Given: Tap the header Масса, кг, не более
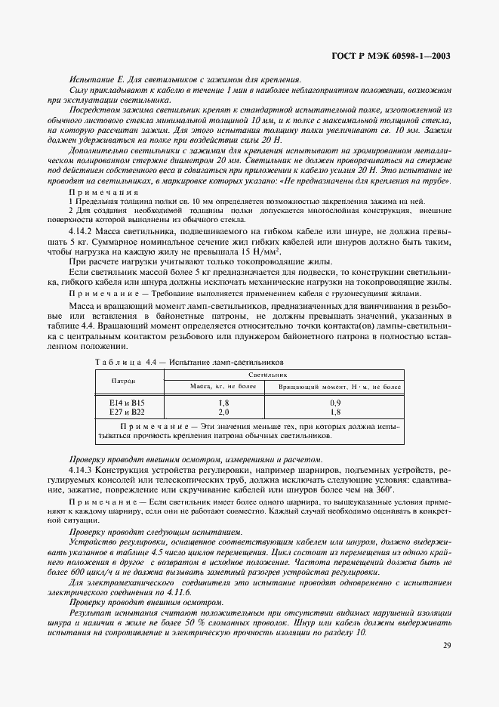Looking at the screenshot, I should pos(223,386).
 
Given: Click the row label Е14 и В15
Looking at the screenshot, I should pos(126,403).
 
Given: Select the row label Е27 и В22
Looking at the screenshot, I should pos(126,412).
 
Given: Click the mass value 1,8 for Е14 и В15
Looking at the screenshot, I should pos(223,403).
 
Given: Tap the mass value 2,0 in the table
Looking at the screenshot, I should pos(223,412).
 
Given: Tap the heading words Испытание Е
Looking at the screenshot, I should pos(99,79).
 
